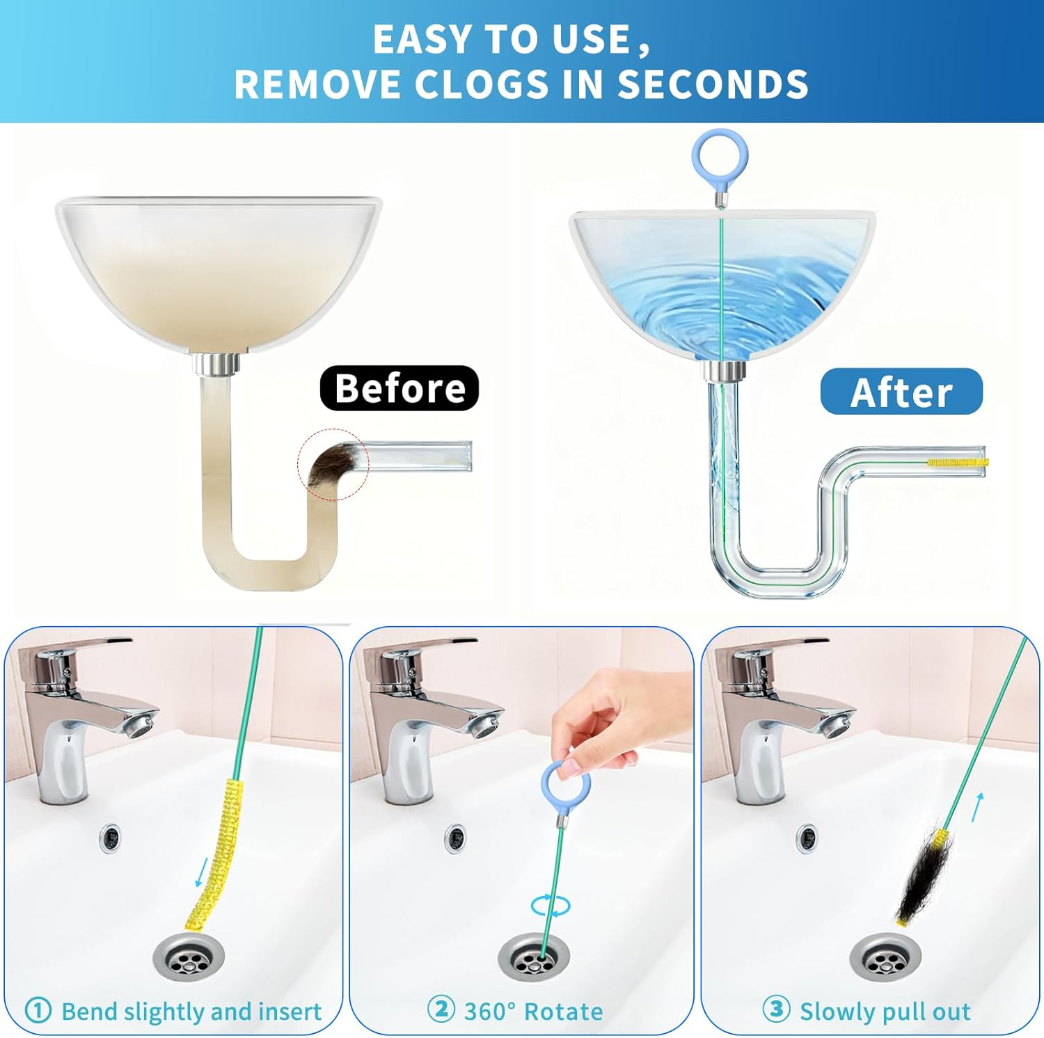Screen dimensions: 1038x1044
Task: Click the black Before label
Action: tap(400, 388)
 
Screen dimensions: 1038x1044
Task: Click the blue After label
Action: tap(901, 392)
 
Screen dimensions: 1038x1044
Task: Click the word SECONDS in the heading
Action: tap(713, 84)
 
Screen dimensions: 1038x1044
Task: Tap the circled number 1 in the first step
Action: tap(38, 1010)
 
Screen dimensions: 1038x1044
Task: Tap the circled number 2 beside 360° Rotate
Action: tap(441, 1009)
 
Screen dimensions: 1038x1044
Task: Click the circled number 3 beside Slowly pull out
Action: tap(776, 1009)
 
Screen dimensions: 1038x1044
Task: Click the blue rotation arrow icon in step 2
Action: tap(550, 906)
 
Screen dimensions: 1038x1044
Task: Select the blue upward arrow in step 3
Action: tap(978, 806)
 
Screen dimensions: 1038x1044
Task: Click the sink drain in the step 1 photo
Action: tap(189, 958)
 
